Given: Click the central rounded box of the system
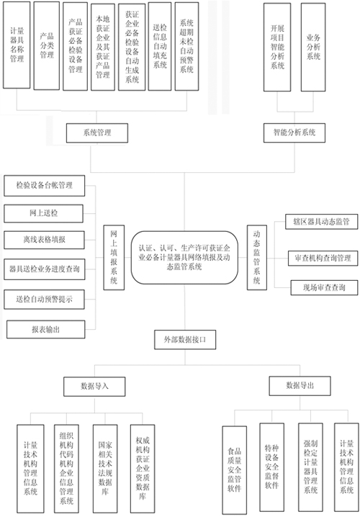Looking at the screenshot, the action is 184,257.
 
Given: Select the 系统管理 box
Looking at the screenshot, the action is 97,133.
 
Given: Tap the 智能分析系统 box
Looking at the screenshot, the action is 294,132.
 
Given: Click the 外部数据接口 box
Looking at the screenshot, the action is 185,339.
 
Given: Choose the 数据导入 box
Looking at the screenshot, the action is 94,387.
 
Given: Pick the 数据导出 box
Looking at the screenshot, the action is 300,386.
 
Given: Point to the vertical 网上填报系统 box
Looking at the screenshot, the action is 114,258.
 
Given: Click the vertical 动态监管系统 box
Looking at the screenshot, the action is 257,258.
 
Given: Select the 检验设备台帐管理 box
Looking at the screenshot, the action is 44,186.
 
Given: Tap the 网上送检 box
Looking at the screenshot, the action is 43,213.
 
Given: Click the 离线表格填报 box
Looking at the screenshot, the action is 44,240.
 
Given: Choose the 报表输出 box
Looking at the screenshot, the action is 46,329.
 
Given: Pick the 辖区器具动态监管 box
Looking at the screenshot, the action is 321,222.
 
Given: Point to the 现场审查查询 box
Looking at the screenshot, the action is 324,288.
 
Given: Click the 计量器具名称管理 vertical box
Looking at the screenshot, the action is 17,45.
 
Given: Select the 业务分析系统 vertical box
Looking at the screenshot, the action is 313,47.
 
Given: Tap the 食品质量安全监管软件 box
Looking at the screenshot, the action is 235,469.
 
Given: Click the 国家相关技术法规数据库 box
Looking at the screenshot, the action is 105,467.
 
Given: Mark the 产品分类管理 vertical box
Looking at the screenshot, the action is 47,45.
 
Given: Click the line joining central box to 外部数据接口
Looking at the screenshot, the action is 184,307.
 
